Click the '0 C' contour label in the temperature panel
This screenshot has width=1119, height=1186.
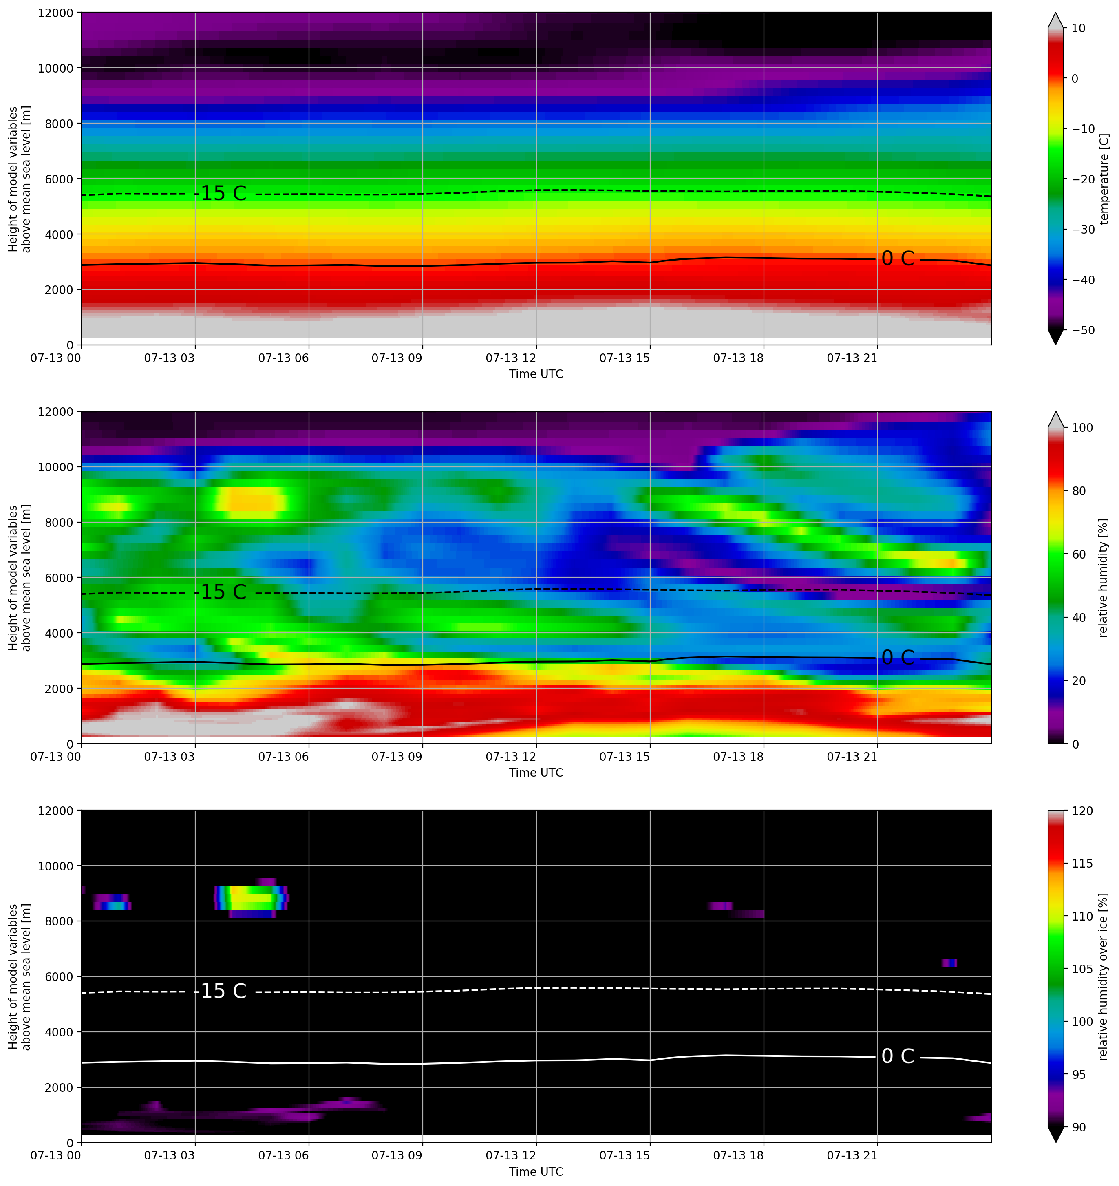(x=898, y=258)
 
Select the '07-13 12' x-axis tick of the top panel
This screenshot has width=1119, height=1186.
(x=511, y=358)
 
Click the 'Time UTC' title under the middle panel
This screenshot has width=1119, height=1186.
(x=536, y=773)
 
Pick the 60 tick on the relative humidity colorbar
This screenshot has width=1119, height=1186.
(x=1079, y=554)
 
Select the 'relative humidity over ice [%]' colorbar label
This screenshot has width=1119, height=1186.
(x=1104, y=976)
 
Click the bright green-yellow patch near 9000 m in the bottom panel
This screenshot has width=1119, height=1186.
(x=251, y=897)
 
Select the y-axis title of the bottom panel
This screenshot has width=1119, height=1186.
(x=19, y=976)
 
